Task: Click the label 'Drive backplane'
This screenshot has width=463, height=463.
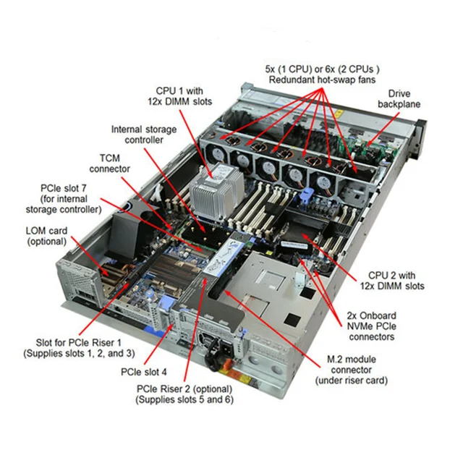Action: point(399,99)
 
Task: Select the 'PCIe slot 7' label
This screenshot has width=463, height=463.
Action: point(70,198)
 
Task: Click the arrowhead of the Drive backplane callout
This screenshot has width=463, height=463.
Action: point(370,143)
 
